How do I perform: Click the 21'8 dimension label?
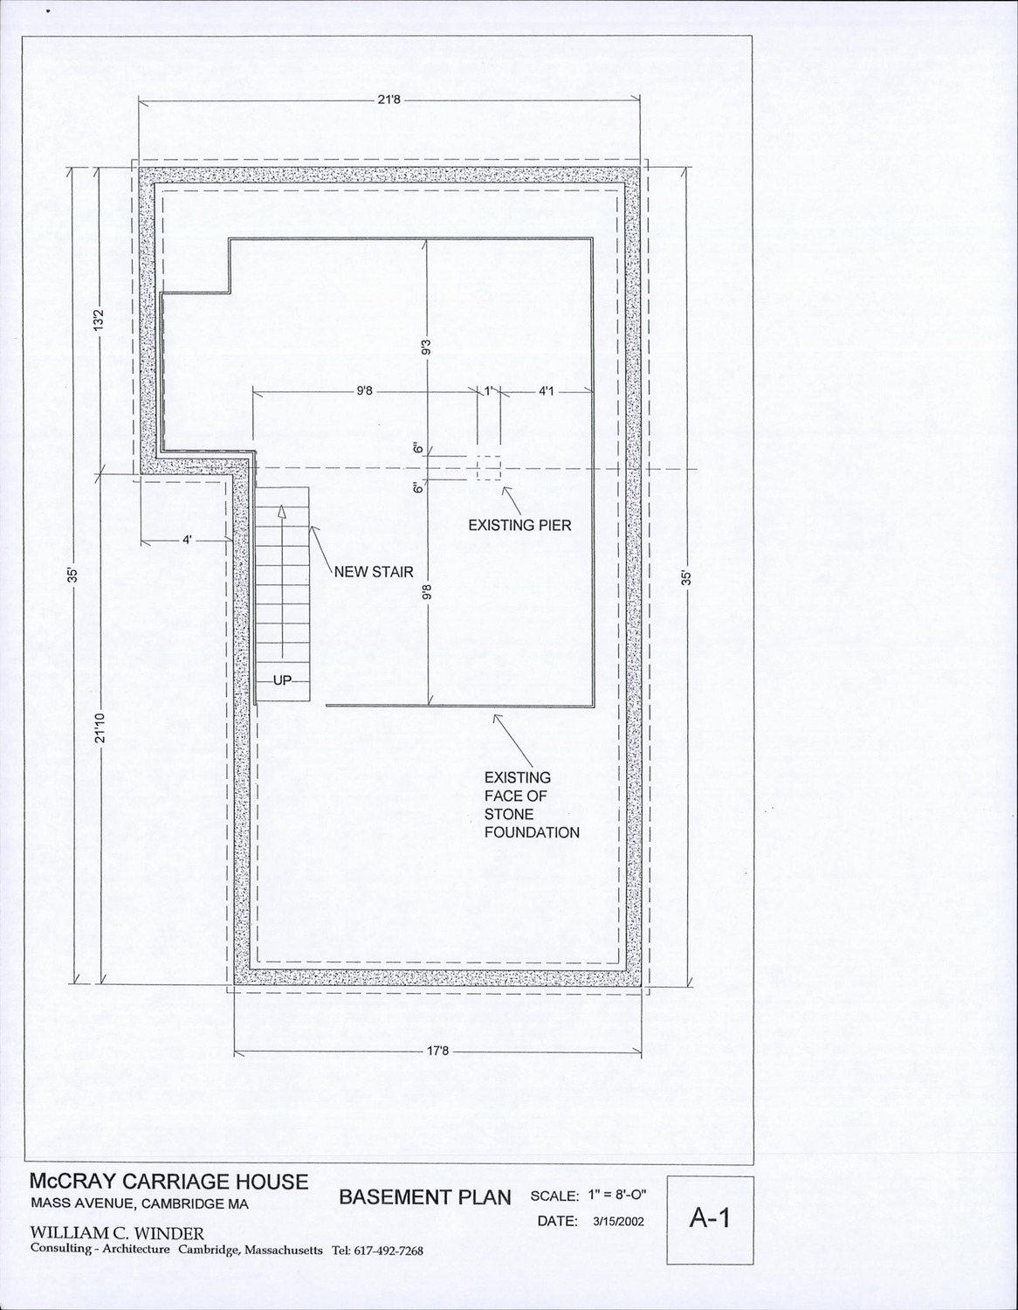[x=389, y=100]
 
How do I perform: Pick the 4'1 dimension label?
[x=546, y=391]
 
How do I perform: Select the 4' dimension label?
[x=188, y=540]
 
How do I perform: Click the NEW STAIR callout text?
[x=374, y=571]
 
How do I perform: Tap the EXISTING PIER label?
[x=519, y=525]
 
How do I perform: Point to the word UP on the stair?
[x=283, y=680]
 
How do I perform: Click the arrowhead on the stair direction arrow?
[x=282, y=512]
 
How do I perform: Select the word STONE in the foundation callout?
[x=508, y=815]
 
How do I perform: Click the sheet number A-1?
[x=710, y=1217]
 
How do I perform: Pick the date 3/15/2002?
[x=618, y=1222]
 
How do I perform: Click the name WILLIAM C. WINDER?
[x=117, y=1233]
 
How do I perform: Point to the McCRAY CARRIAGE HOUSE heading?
[x=169, y=1182]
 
